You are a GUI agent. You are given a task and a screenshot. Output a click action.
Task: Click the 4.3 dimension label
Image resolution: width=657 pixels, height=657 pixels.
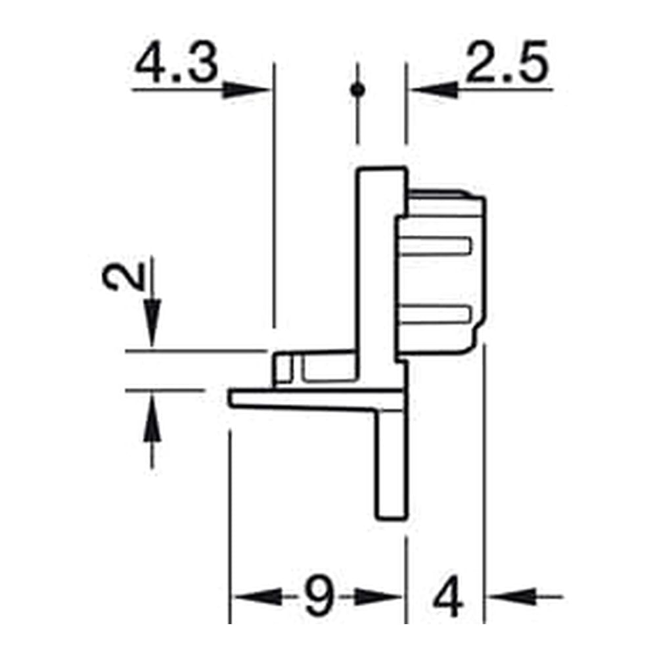176,63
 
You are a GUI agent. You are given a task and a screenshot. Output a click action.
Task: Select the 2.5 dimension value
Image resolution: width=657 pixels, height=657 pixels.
507,61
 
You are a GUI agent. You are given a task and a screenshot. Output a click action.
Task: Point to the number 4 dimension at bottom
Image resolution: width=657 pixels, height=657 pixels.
448,597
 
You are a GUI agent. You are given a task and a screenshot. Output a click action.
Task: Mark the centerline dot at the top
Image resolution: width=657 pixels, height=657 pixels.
357,89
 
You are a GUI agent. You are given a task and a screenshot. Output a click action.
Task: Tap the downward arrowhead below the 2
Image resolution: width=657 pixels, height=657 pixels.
152,323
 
